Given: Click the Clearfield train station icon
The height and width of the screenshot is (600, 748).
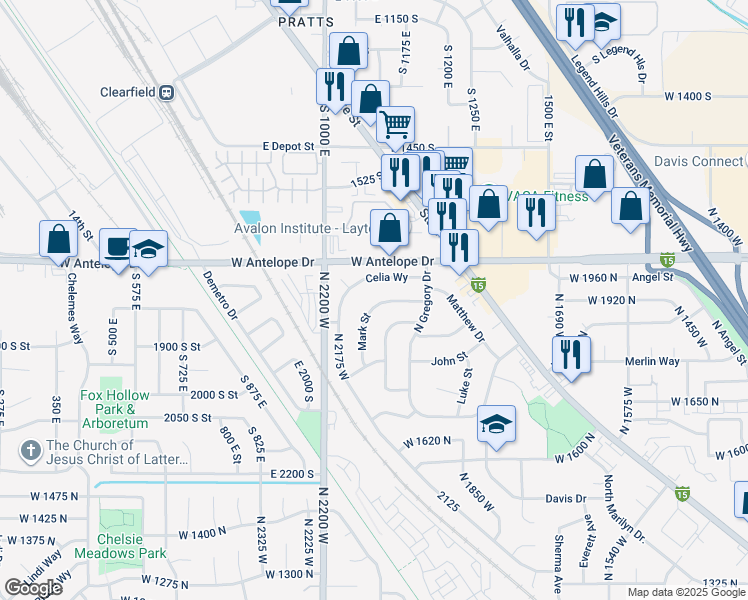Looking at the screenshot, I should click(166, 92).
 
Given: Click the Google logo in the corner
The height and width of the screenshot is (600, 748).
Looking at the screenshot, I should click(34, 588).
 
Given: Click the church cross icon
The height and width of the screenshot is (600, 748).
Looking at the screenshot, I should click(31, 452).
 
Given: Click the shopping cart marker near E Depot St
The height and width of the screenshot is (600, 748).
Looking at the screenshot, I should click(396, 124).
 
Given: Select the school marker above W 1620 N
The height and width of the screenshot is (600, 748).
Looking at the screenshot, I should click(495, 425).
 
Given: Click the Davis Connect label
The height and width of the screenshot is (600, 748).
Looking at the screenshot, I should click(699, 162).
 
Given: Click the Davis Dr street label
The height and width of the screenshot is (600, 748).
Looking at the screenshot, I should click(565, 499).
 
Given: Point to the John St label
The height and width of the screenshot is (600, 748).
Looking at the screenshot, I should click(449, 360).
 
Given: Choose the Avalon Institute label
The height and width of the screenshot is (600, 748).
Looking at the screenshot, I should click(301, 228).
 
